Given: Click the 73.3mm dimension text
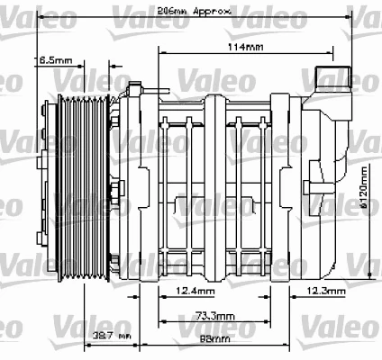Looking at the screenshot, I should pyautogui.click(x=213, y=317).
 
